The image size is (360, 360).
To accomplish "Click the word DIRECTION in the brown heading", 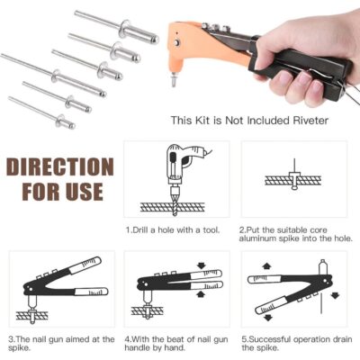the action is pyautogui.click(x=60, y=166).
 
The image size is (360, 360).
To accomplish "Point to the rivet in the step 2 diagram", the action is pyautogui.click(x=294, y=179).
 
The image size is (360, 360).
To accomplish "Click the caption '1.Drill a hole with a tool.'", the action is pyautogui.click(x=173, y=230).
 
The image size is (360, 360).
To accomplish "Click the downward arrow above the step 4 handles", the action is pyautogui.click(x=201, y=265).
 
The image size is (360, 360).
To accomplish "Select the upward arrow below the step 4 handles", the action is pyautogui.click(x=201, y=294).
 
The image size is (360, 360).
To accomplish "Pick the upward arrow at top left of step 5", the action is pyautogui.click(x=265, y=266).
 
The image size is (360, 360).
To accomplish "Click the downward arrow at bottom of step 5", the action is pyautogui.click(x=267, y=318).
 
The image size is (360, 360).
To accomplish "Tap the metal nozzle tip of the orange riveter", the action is pyautogui.click(x=173, y=80).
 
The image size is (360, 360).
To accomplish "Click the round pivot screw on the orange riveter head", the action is pyautogui.click(x=177, y=43).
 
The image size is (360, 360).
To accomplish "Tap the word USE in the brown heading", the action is pyautogui.click(x=85, y=191).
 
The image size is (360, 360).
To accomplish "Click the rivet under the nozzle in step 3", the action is pyautogui.click(x=32, y=315).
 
